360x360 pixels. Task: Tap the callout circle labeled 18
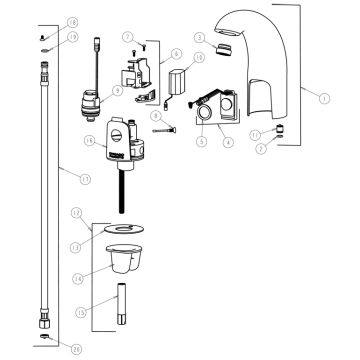click(44, 21)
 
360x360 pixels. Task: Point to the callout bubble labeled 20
click(48, 347)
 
